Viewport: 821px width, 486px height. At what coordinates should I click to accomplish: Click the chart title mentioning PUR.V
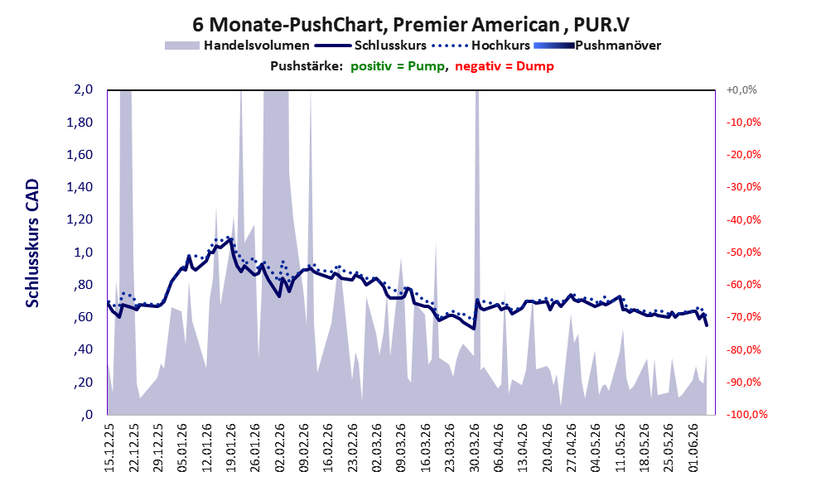(411, 24)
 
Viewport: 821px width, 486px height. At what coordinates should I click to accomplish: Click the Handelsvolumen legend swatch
(182, 46)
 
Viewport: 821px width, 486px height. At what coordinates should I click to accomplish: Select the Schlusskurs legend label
(390, 46)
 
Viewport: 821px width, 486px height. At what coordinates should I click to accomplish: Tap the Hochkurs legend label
(500, 46)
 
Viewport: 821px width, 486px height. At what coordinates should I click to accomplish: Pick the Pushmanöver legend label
(618, 46)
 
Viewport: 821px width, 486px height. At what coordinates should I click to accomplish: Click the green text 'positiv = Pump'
(398, 66)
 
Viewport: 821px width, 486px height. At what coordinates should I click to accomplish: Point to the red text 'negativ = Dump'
(505, 66)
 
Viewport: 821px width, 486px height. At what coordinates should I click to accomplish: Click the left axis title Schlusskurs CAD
(32, 243)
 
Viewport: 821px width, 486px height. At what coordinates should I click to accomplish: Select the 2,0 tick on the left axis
(84, 89)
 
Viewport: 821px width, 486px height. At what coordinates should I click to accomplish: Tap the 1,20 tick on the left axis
(80, 219)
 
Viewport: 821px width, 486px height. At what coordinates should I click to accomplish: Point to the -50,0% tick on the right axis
(743, 253)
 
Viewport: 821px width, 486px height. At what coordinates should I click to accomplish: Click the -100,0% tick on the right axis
(746, 414)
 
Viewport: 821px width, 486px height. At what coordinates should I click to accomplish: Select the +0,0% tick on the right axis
(741, 90)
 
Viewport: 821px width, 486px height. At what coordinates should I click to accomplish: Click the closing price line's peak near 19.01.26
(231, 239)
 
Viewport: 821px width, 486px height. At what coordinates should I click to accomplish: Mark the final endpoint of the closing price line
(707, 325)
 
